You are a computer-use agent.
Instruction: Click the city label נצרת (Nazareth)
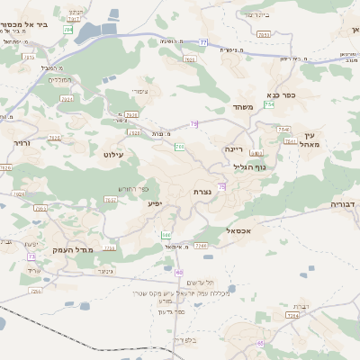[x=202, y=192]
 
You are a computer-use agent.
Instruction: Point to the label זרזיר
[x=22, y=142]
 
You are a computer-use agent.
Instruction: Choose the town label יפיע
[x=158, y=204]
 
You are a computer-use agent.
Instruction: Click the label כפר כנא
[x=283, y=94]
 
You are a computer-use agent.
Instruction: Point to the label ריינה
[x=233, y=148]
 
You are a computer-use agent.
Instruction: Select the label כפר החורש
[x=131, y=187]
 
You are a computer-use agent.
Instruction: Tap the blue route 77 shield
[x=203, y=42]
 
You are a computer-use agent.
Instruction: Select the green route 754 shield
[x=270, y=105]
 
